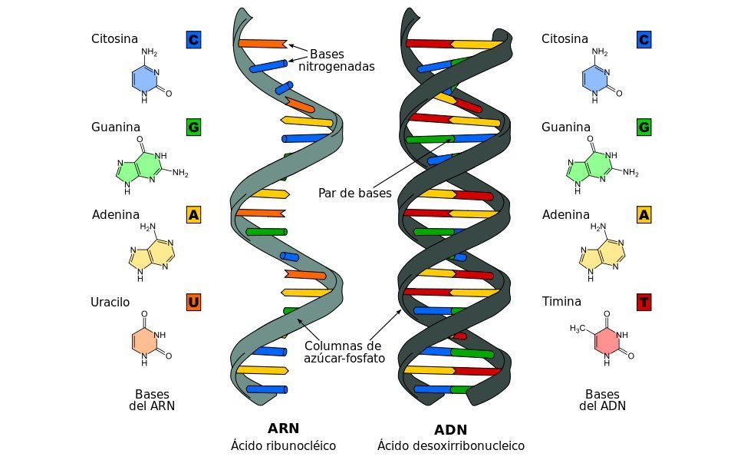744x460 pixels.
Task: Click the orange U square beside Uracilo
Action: click(193, 303)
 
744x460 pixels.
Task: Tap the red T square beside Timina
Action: click(644, 303)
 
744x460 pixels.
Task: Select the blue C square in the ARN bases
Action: click(193, 39)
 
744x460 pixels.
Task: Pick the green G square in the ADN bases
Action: click(644, 127)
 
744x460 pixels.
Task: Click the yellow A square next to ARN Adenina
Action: click(193, 215)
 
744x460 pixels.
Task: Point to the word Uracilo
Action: click(110, 303)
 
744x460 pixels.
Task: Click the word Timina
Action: click(561, 301)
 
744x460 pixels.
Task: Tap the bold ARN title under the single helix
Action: click(283, 429)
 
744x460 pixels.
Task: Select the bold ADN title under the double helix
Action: click(451, 430)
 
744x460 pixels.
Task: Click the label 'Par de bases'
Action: click(355, 193)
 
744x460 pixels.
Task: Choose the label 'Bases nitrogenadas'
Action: click(337, 61)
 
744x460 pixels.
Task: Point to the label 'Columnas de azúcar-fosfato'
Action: click(344, 352)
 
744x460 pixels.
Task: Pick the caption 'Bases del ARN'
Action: click(152, 399)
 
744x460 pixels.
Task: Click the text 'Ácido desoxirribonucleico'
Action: click(451, 445)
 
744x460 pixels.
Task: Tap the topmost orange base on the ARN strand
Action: click(262, 44)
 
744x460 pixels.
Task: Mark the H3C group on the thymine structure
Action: click(578, 329)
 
